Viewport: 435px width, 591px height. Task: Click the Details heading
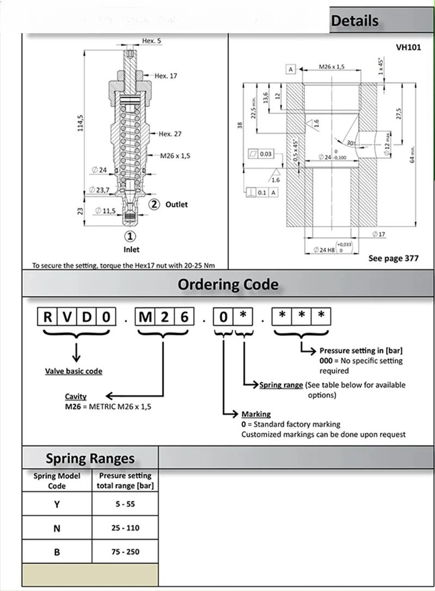point(355,21)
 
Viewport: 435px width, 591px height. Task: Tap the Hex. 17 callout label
point(165,76)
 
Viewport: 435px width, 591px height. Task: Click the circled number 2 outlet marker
point(154,204)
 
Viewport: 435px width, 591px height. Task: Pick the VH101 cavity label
point(408,47)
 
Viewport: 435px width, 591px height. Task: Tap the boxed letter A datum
point(291,69)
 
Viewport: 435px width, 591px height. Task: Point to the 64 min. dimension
point(413,155)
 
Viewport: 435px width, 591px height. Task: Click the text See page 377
point(393,258)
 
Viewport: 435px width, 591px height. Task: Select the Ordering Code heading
point(228,284)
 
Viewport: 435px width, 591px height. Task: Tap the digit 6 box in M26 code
point(184,316)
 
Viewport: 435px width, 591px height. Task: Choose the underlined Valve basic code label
point(73,371)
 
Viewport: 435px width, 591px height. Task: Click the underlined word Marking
point(256,414)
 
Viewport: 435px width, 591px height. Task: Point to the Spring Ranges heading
point(90,458)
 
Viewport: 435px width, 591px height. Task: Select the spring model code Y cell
point(57,504)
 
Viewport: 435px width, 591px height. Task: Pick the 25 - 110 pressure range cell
point(125,528)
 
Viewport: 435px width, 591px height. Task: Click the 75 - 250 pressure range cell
point(125,552)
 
